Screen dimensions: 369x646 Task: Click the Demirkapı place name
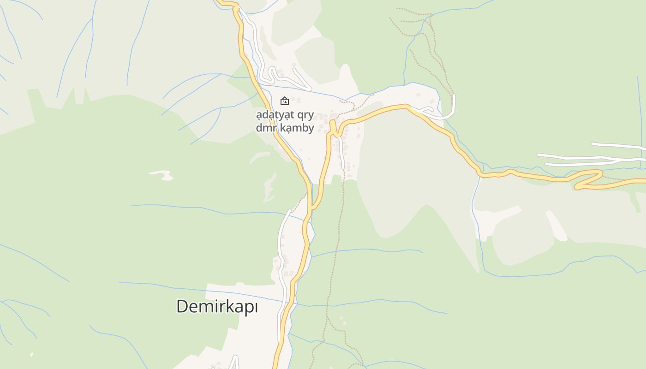coord(217,306)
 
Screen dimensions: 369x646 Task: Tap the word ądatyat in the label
coord(272,115)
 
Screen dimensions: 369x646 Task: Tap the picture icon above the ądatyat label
coord(285,101)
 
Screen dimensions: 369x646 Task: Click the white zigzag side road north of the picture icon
coord(286,77)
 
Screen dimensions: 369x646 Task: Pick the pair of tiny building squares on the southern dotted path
coord(343,321)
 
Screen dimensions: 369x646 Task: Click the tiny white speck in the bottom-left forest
coord(31,354)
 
